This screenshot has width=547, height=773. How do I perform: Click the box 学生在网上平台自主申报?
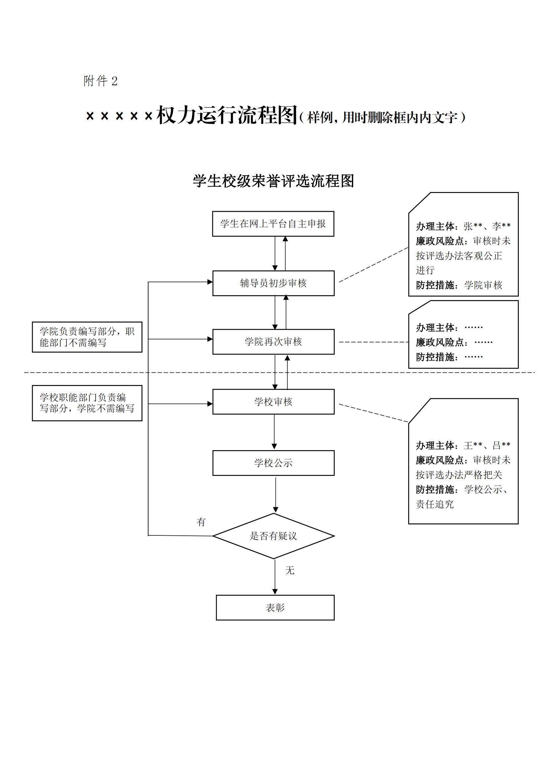273,224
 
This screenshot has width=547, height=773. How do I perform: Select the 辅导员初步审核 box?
273,283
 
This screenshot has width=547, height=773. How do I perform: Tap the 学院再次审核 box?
273,342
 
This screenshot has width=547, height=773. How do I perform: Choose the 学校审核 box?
273,402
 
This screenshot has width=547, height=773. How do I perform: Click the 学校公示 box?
273,463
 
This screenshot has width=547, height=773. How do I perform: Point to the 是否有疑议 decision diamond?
273,536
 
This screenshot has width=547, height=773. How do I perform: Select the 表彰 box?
275,608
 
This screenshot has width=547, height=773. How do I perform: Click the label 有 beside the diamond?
201,522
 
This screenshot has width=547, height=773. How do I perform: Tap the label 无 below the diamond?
290,571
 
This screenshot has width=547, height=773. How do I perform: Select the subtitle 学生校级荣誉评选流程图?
273,181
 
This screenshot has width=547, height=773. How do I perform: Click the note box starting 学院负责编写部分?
87,337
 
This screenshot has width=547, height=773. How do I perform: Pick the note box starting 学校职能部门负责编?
87,403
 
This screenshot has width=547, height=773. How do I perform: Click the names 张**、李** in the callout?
487,226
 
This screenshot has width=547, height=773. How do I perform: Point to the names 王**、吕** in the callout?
487,446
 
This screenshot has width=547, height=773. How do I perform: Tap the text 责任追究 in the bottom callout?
435,504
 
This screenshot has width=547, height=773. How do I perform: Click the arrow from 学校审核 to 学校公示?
274,432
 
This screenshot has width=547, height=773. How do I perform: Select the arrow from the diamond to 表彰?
275,576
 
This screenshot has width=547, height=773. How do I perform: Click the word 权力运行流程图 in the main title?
226,115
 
